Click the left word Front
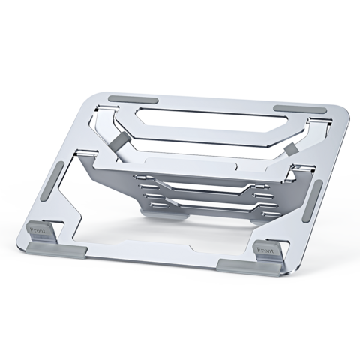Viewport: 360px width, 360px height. tap(38, 230)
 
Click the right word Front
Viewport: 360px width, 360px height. tap(265, 250)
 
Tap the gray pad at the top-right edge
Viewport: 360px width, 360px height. tap(300, 109)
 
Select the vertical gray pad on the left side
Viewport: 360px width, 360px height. tap(52, 181)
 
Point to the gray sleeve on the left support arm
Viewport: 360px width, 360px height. tap(118, 142)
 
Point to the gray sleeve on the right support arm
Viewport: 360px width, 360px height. tap(292, 148)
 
